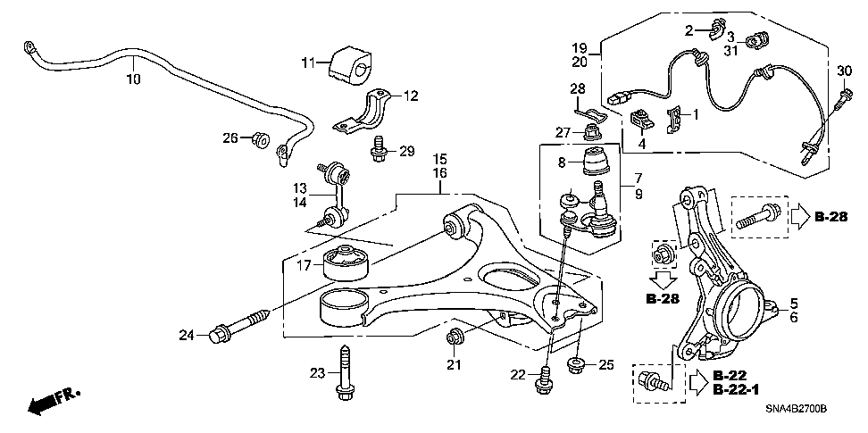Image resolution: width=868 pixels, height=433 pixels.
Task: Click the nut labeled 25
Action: click(575, 364)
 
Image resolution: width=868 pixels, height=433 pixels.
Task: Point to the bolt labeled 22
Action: click(542, 379)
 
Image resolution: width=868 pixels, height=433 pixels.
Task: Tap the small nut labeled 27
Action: click(590, 134)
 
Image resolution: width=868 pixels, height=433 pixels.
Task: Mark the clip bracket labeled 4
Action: click(641, 119)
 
